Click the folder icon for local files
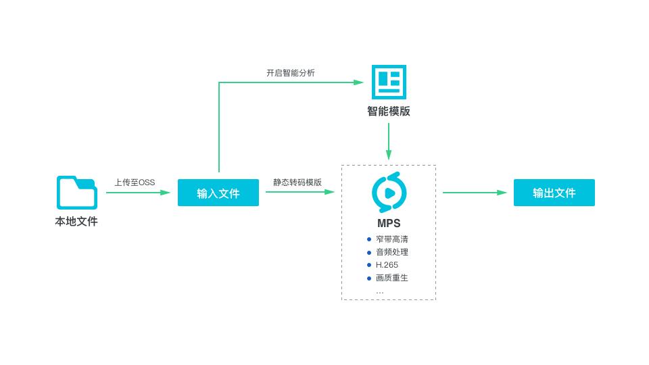click(76, 193)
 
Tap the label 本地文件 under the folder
click(76, 221)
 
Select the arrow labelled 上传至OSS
click(138, 193)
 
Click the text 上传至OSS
click(135, 182)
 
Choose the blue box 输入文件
click(218, 193)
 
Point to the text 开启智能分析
click(290, 73)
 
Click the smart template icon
click(389, 82)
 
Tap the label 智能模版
click(389, 112)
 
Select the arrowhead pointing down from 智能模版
click(389, 155)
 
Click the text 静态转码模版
click(297, 182)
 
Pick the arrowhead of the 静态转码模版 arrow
click(330, 192)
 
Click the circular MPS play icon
click(389, 193)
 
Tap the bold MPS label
click(389, 223)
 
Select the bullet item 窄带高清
click(392, 239)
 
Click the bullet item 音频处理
click(392, 252)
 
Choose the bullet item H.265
click(387, 265)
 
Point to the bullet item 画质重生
click(392, 278)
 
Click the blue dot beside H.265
click(369, 265)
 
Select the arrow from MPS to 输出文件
click(475, 193)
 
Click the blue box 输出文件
click(554, 193)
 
